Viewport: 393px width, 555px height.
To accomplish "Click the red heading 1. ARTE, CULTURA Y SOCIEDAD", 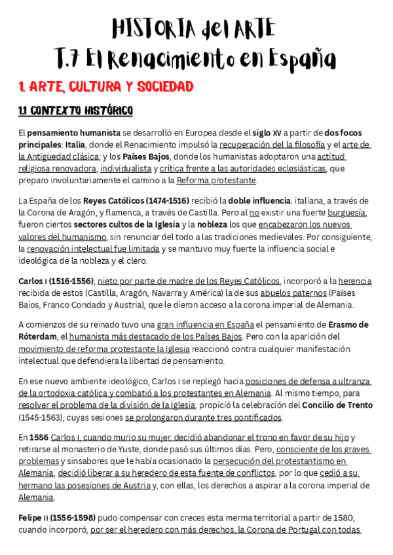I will (x=106, y=86).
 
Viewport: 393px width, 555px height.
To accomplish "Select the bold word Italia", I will (x=75, y=145).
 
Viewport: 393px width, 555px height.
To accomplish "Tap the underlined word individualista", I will (x=126, y=168).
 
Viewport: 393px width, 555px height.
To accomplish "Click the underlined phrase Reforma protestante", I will (x=216, y=180).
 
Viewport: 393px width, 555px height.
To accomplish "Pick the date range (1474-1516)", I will (x=151, y=200).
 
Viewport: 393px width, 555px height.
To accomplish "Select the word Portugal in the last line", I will (x=288, y=529).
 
